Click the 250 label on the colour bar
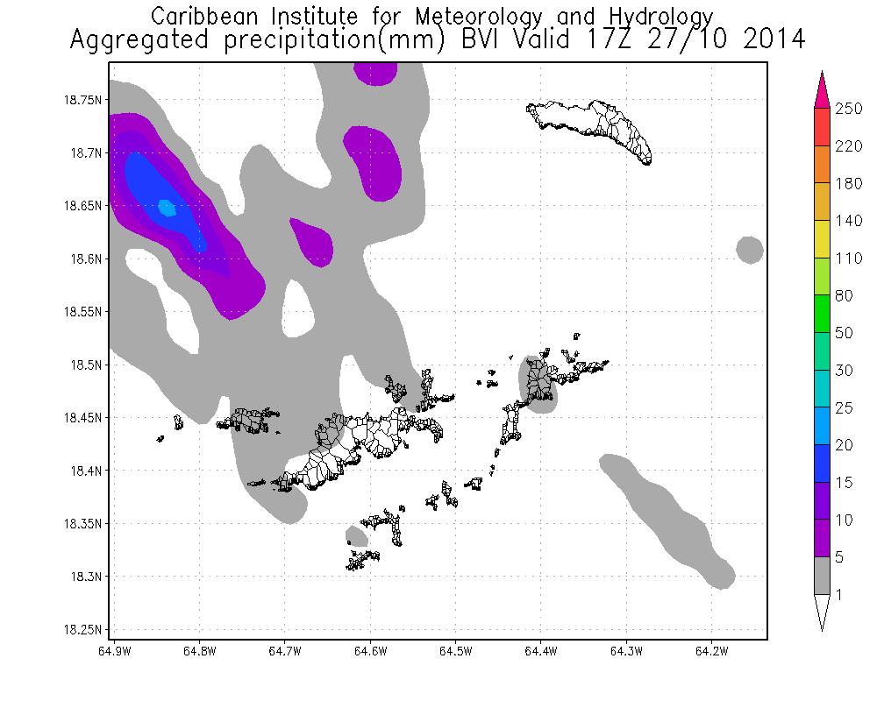pyautogui.click(x=848, y=109)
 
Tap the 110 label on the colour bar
pyautogui.click(x=848, y=258)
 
